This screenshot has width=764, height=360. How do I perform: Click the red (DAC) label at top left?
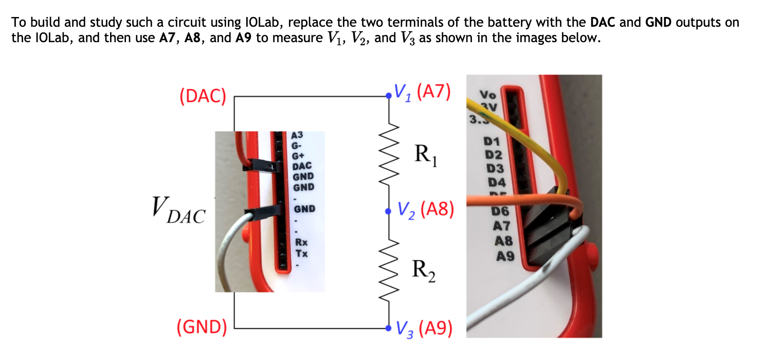[x=203, y=96]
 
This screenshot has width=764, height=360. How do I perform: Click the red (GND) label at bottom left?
[x=202, y=327]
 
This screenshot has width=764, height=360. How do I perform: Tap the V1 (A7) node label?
[x=422, y=92]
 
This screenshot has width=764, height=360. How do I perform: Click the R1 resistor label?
[x=426, y=155]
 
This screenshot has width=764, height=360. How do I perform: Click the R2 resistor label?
[x=425, y=271]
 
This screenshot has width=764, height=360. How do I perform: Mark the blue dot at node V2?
[x=388, y=211]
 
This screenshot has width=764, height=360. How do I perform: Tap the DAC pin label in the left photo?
[x=301, y=166]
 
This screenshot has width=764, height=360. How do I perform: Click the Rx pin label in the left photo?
[x=301, y=243]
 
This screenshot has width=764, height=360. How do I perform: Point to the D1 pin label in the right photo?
[x=492, y=142]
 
